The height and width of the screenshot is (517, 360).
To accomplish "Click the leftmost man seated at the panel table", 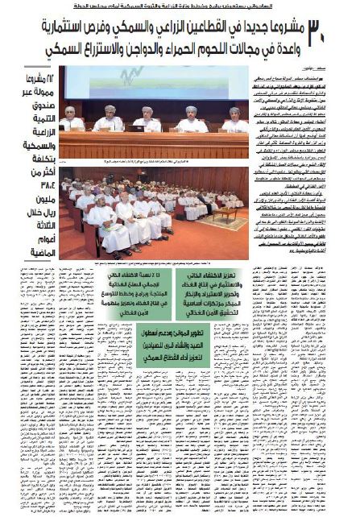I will point(73,119).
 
